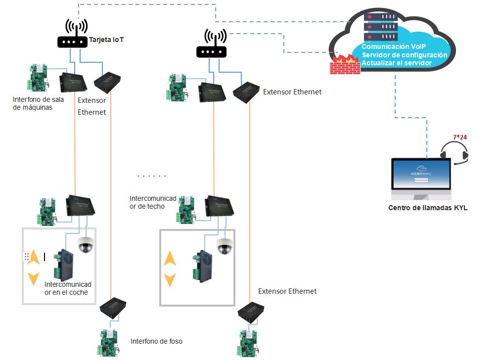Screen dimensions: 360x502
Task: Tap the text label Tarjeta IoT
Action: pos(106,40)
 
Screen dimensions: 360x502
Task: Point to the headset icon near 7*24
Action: pos(454,152)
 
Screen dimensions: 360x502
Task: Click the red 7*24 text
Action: pos(460,137)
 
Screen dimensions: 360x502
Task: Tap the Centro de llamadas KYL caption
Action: pos(427,208)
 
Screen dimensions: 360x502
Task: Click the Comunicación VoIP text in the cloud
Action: pos(395,46)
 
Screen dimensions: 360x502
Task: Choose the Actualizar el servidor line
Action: pos(397,63)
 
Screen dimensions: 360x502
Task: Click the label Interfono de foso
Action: pos(156,341)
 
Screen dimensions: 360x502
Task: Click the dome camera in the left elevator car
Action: pos(86,245)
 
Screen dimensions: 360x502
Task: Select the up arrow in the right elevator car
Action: pos(170,258)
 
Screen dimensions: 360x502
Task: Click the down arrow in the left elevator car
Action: pos(33,278)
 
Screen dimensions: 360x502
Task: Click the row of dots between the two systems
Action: pos(151,176)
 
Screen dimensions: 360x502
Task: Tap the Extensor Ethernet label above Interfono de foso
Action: pos(287,291)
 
